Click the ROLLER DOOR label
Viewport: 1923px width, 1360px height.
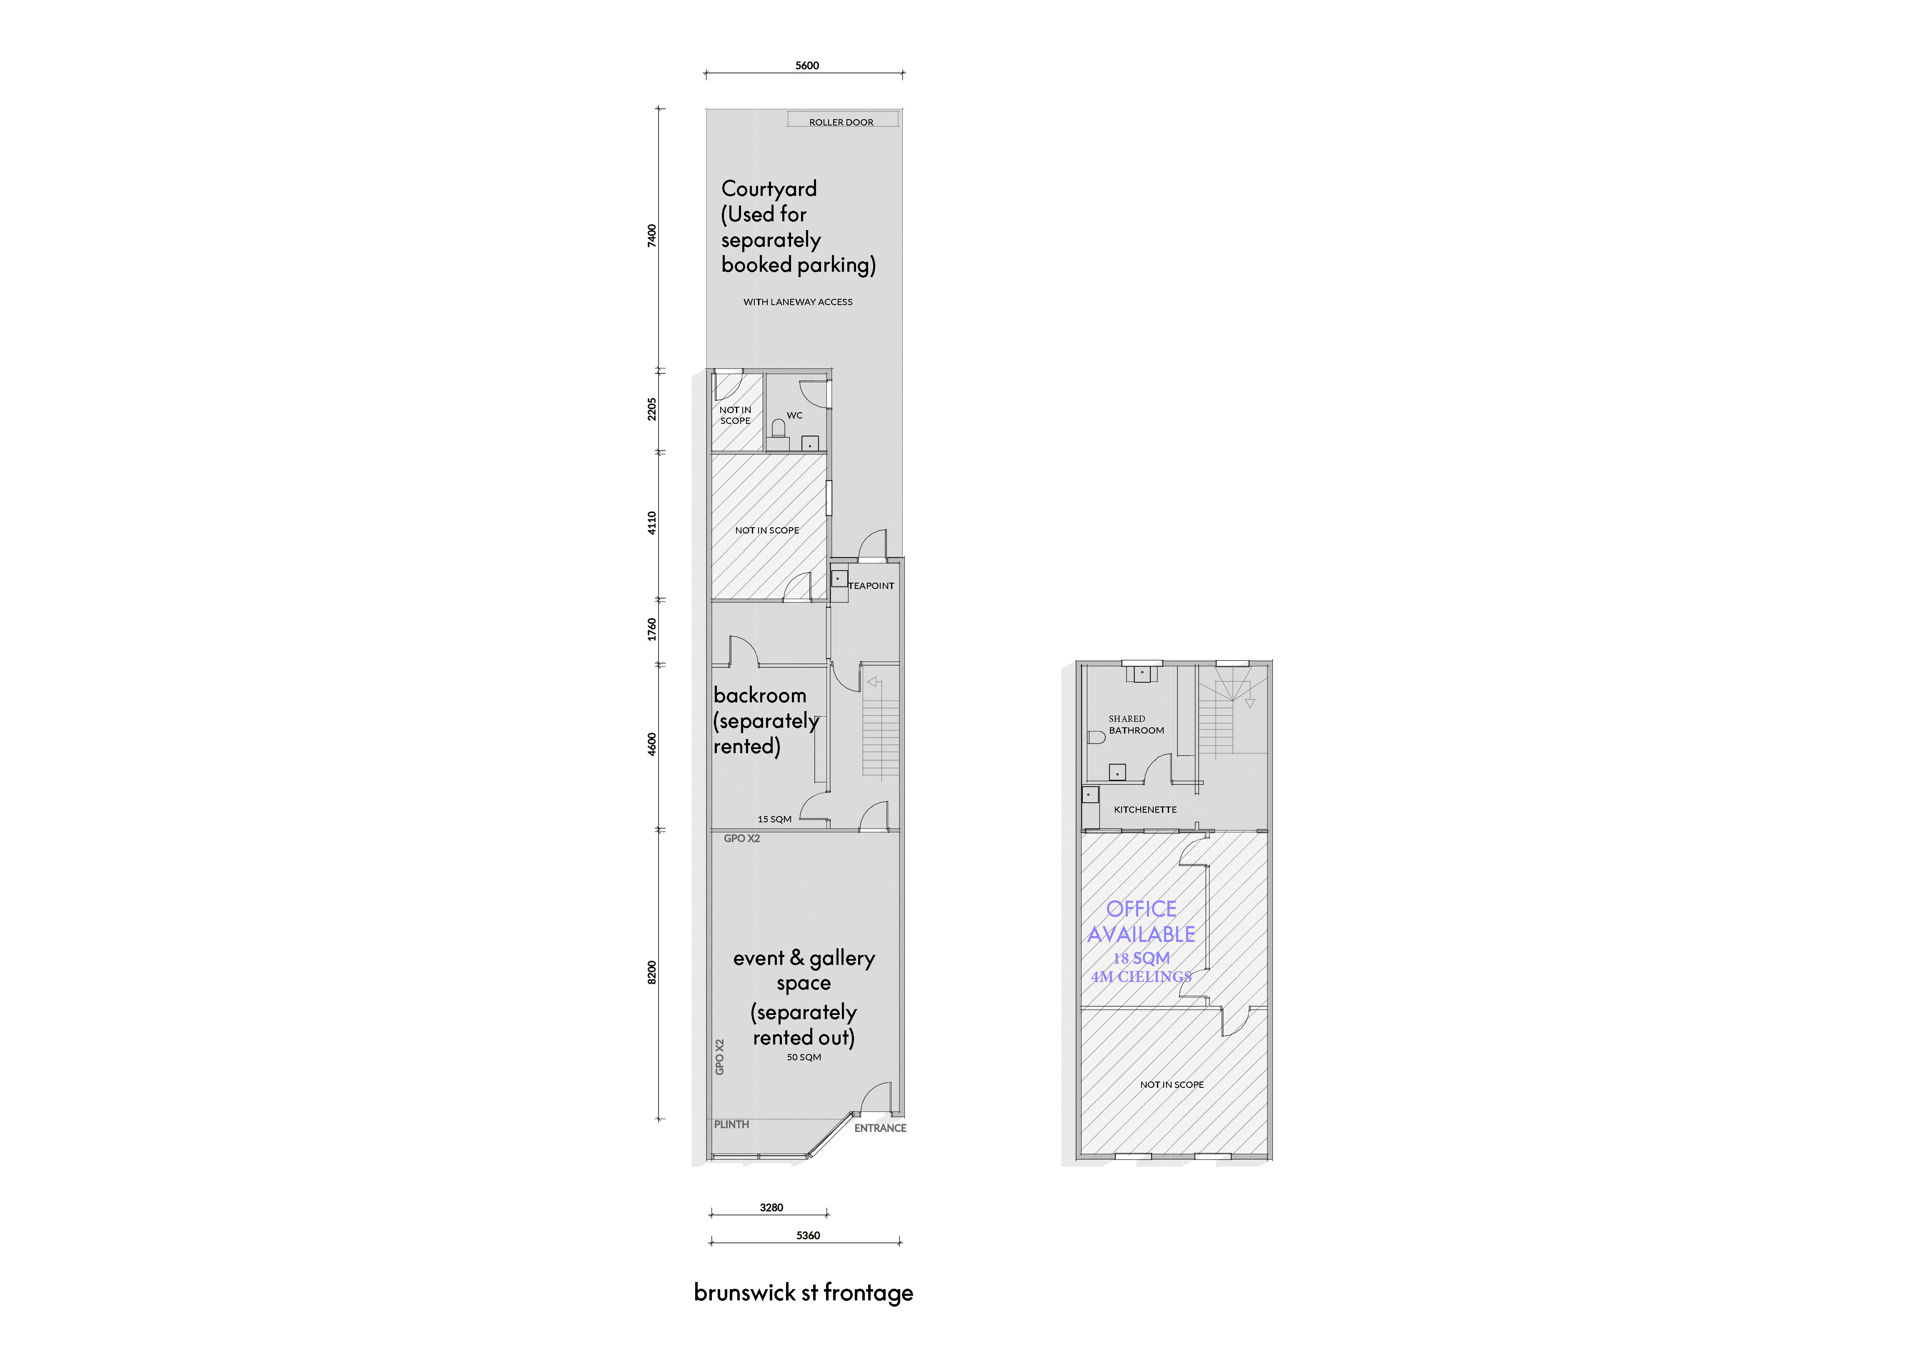pos(841,122)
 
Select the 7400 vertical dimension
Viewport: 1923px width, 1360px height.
pos(651,235)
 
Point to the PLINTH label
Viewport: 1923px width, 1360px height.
pos(731,1125)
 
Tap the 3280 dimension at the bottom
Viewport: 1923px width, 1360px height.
pos(771,1207)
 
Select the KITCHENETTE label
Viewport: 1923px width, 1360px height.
pos(1145,810)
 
